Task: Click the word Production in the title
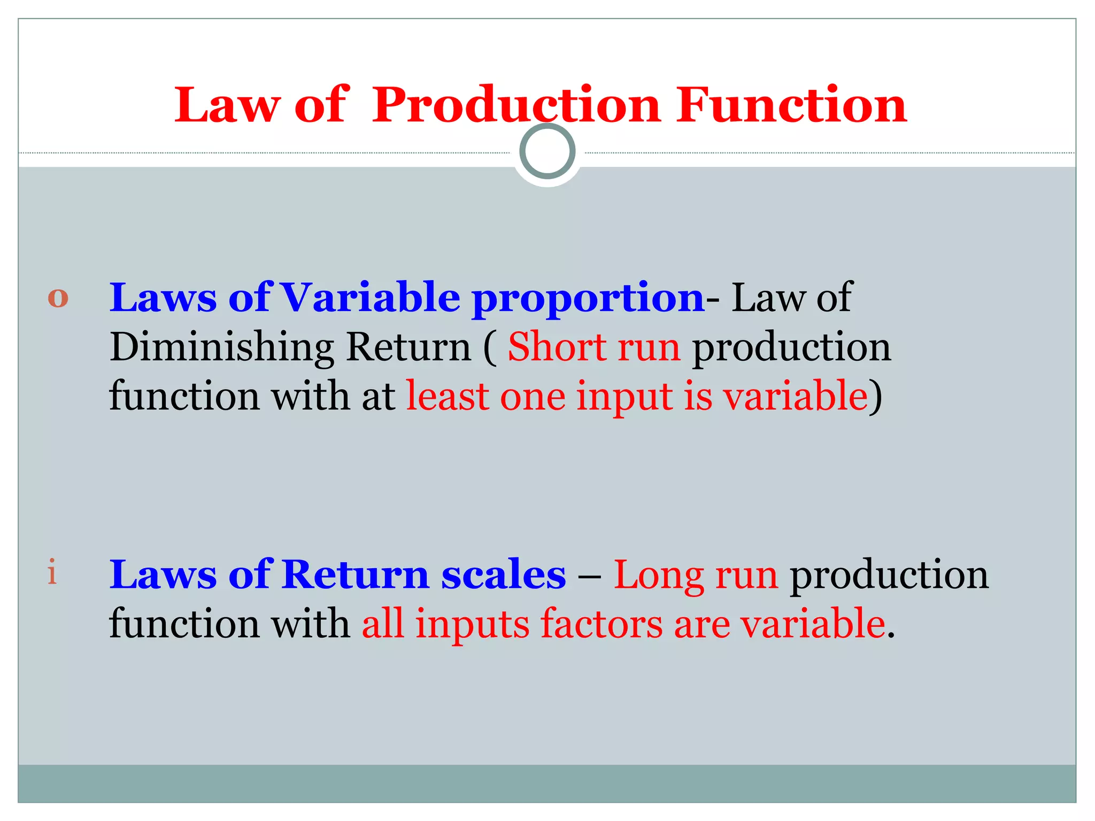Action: click(x=516, y=105)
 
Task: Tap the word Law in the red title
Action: click(x=227, y=105)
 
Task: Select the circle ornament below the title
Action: click(x=547, y=151)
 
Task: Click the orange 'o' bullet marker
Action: click(x=58, y=298)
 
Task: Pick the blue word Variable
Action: click(x=370, y=297)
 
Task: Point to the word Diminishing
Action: click(x=222, y=348)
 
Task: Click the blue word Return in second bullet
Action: click(x=355, y=575)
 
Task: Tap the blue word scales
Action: click(x=503, y=575)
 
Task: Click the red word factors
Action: click(x=601, y=624)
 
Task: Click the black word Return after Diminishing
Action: click(x=408, y=347)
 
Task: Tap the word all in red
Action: click(x=382, y=624)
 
